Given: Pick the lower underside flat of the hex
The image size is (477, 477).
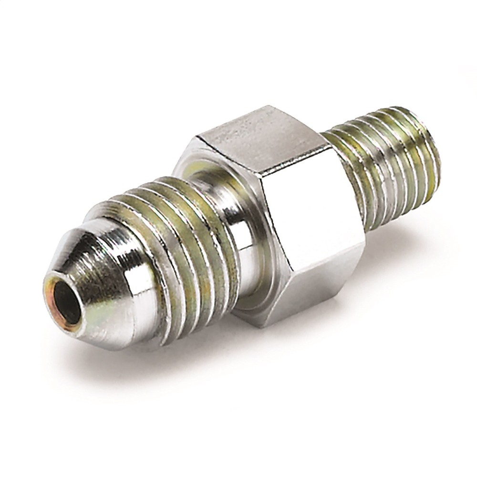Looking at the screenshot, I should (305, 281).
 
